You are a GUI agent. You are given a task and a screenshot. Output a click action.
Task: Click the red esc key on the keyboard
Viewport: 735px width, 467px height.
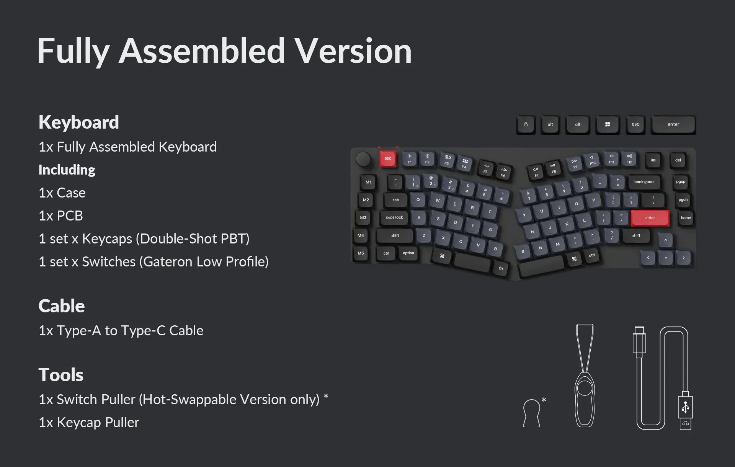coord(388,158)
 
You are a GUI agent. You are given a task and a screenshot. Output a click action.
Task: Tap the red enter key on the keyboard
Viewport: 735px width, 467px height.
coord(650,218)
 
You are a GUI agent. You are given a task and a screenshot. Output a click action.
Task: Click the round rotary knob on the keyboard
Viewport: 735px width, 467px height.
coord(363,159)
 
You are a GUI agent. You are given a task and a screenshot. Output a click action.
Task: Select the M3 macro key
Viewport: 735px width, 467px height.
coord(363,218)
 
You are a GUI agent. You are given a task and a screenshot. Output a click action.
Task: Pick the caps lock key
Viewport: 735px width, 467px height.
coord(394,218)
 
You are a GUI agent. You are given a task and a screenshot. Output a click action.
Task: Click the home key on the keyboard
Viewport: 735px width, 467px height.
coord(686,218)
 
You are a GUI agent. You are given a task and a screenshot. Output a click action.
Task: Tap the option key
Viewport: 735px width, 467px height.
coord(408,253)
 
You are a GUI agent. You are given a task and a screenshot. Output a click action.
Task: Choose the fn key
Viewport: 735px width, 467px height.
coord(501,268)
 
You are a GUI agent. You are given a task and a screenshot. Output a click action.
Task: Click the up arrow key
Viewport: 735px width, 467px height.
coord(666,240)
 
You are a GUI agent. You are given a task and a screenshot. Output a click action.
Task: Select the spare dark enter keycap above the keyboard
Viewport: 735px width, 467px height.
coord(673,124)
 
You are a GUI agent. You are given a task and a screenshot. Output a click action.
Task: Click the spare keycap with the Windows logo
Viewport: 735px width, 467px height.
coord(608,124)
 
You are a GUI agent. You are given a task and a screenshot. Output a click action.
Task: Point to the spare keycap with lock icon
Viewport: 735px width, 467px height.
coord(526,124)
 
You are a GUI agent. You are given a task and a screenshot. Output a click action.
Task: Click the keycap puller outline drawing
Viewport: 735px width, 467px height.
coord(585,376)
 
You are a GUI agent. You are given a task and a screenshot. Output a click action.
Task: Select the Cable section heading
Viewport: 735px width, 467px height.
coord(62,306)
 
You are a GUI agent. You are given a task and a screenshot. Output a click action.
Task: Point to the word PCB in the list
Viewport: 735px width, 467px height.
coord(70,216)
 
